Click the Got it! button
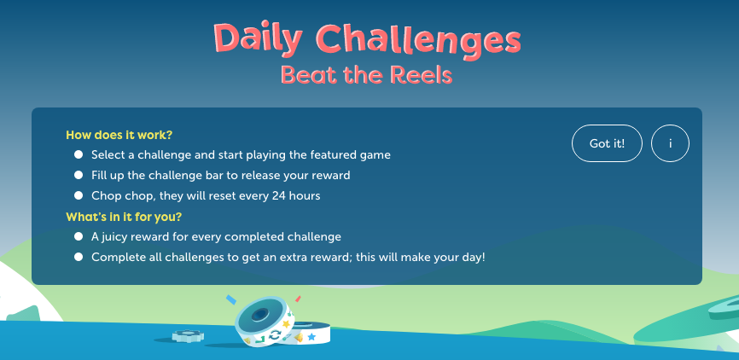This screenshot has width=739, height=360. pos(607,143)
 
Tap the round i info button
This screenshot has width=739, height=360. pos(670,143)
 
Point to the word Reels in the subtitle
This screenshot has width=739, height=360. pos(422,74)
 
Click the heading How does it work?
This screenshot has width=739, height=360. pos(119,136)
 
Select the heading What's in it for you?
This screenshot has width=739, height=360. pos(124,217)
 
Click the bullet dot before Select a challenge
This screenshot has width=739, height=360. pos(79,154)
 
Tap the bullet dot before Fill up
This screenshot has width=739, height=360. pos(79,175)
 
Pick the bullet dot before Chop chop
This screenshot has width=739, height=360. pos(79,195)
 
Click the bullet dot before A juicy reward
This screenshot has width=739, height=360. pos(79,236)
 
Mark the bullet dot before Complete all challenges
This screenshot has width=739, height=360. pos(79,257)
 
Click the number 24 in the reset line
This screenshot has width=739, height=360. pos(278,195)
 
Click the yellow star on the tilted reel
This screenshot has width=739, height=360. pos(286,323)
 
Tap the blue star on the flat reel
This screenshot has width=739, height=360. pos(311,337)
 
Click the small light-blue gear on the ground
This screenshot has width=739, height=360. pos(188,335)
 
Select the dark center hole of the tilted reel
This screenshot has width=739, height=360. pos(259,315)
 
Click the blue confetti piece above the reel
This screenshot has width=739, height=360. pos(231,299)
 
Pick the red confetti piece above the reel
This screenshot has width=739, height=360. pos(298,299)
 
